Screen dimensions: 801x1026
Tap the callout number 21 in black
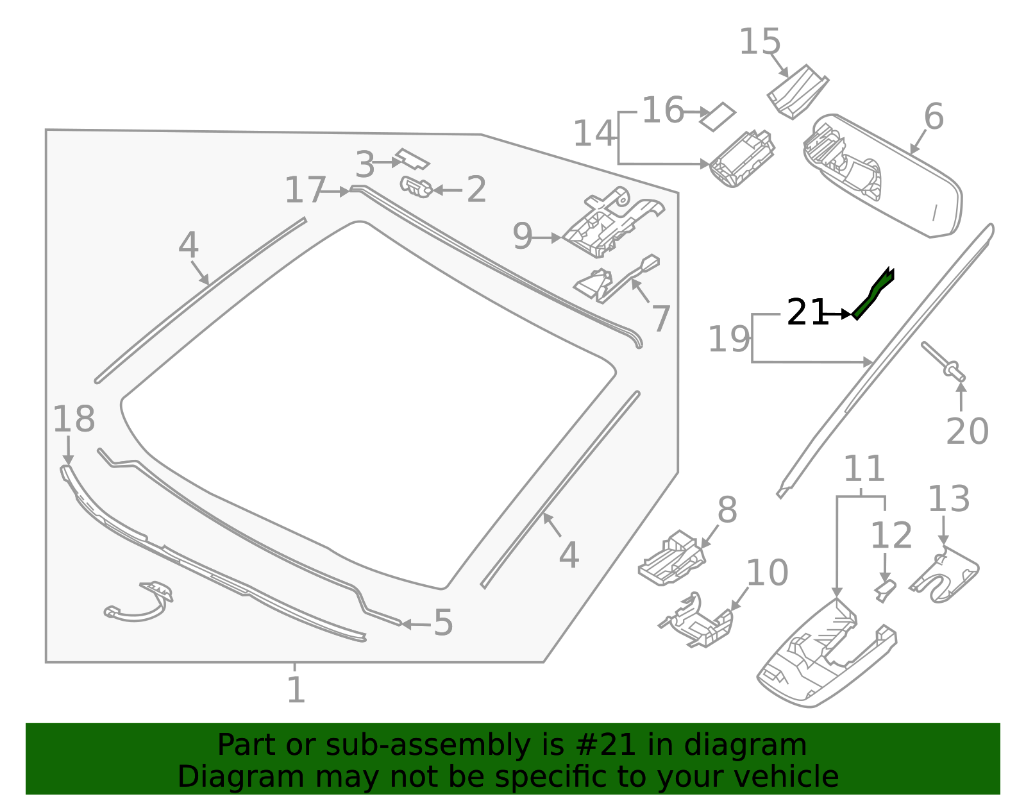pyautogui.click(x=807, y=312)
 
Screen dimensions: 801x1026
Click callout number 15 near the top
pyautogui.click(x=760, y=42)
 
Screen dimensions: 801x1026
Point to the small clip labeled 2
pyautogui.click(x=417, y=187)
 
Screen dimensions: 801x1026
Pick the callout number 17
pyautogui.click(x=305, y=190)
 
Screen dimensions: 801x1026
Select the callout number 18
pyautogui.click(x=73, y=419)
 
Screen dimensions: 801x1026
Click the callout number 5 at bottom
pyautogui.click(x=443, y=623)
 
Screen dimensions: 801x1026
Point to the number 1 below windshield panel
pyautogui.click(x=296, y=690)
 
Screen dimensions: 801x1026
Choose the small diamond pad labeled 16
pyautogui.click(x=718, y=117)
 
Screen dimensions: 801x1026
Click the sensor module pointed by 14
pyautogui.click(x=742, y=160)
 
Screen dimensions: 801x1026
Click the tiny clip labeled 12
pyautogui.click(x=885, y=590)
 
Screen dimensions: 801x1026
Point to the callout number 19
pyautogui.click(x=728, y=339)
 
